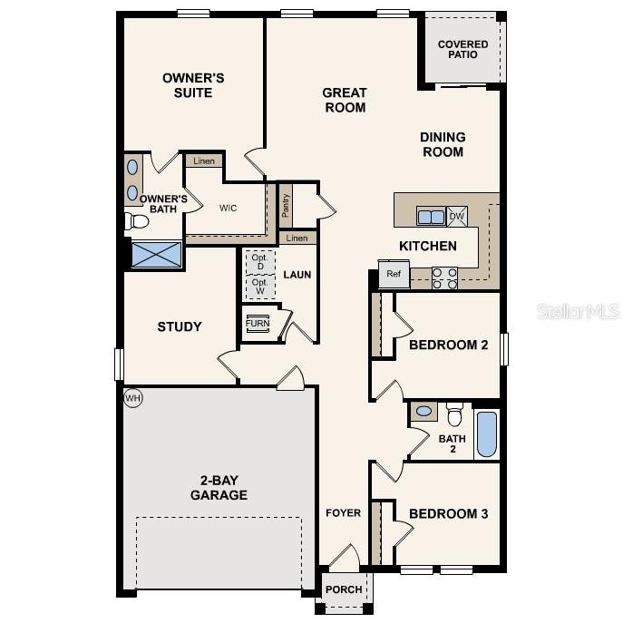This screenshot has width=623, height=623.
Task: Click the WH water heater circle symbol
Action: tap(133, 397)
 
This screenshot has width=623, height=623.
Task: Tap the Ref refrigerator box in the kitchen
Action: tap(394, 275)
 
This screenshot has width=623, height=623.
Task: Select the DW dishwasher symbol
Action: tap(457, 216)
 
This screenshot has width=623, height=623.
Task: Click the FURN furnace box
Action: tap(258, 324)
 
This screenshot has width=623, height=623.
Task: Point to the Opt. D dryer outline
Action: tap(260, 260)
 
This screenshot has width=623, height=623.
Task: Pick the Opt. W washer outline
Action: tap(260, 287)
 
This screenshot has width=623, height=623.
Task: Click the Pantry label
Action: tap(285, 206)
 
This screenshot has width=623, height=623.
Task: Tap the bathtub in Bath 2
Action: tap(487, 434)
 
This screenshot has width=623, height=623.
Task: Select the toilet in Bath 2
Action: tap(454, 414)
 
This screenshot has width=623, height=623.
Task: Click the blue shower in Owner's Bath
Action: tap(156, 254)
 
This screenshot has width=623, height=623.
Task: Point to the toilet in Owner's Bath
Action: tap(137, 220)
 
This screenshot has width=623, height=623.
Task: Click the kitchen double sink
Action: tap(431, 216)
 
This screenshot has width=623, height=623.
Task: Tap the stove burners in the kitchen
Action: tap(444, 277)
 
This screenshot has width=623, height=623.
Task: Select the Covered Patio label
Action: tap(462, 49)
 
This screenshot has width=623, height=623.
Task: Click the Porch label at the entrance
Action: tap(344, 589)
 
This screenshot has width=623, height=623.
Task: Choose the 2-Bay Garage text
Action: tap(219, 488)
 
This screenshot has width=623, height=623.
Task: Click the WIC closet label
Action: tap(228, 208)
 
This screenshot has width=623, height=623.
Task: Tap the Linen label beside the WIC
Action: tap(204, 161)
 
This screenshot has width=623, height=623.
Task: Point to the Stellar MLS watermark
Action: tap(579, 311)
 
